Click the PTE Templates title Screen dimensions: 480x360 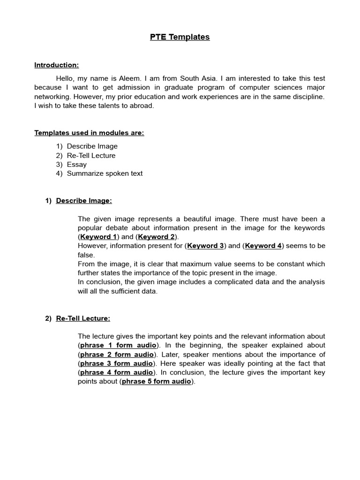pos(180,37)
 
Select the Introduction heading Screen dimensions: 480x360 pos(56,65)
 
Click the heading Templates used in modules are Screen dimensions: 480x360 pos(89,133)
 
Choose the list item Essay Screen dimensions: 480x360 pos(77,165)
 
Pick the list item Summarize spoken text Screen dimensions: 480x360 pos(105,173)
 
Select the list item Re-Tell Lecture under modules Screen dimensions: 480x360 pos(91,156)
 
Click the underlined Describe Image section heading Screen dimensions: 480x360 pos(84,201)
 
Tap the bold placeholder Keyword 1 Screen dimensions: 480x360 pos(98,237)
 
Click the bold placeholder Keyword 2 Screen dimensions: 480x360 pos(157,237)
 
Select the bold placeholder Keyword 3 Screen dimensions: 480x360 pos(205,246)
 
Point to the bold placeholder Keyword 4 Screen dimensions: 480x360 pos(263,246)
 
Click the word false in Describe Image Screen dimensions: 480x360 pos(86,255)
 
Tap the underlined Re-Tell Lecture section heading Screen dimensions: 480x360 pos(83,318)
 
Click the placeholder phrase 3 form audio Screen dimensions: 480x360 pos(116,363)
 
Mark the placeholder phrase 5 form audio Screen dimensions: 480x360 pos(157,382)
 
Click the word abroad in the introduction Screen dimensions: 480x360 pos(141,105)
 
